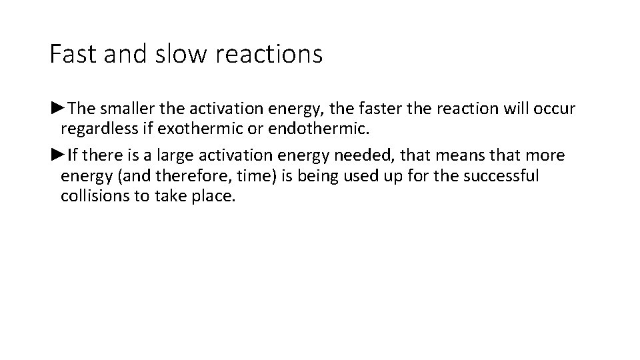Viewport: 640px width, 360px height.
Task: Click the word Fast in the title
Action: (70, 54)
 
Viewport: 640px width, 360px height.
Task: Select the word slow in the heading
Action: (170, 54)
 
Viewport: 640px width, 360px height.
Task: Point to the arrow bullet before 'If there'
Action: (57, 155)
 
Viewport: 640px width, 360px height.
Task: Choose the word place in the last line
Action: (214, 197)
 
